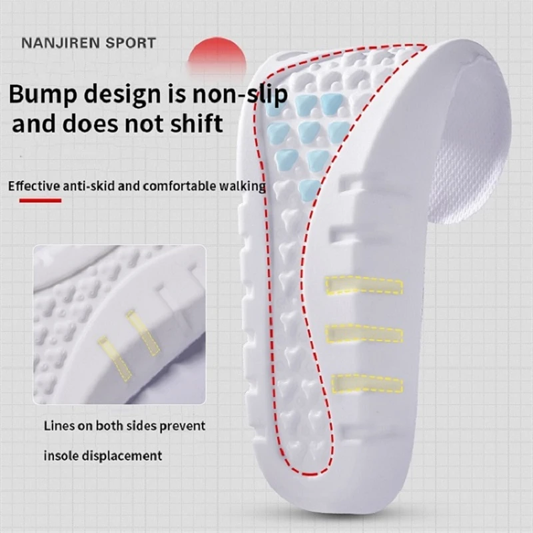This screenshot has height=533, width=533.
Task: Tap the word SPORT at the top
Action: tap(132, 44)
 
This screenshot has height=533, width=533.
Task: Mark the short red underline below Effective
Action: tap(41, 200)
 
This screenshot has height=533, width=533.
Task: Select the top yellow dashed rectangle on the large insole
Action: tap(364, 284)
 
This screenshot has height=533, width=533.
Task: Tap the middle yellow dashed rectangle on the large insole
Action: tap(365, 333)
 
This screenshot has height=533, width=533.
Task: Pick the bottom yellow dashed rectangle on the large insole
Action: tap(367, 382)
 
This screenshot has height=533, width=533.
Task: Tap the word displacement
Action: tap(121, 456)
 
